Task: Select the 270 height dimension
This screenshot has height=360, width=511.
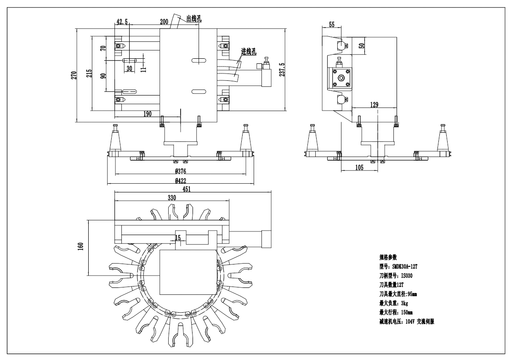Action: point(73,75)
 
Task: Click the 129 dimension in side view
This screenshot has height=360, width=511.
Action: point(374,105)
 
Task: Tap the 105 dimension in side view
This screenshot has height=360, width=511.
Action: point(359,168)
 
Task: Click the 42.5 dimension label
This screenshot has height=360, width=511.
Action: point(122,22)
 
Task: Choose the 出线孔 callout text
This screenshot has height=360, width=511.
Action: point(194,19)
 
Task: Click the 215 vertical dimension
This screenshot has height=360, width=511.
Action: point(89,73)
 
